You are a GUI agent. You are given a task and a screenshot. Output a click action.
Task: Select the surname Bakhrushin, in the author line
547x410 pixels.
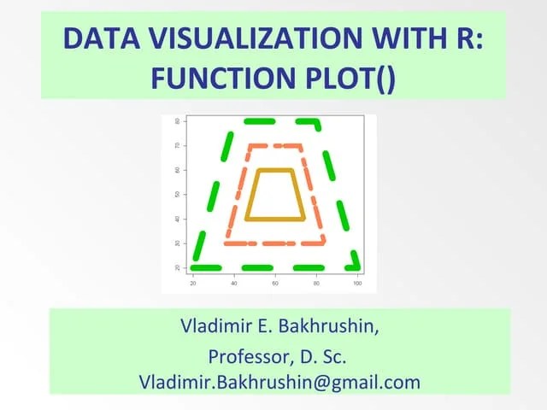point(327,326)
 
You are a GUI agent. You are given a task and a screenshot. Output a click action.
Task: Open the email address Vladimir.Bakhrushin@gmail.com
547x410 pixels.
point(279,381)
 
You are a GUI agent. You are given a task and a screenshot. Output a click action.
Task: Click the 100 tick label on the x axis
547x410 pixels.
point(357,283)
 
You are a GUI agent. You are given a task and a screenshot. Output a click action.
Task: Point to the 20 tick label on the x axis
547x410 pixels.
point(193,283)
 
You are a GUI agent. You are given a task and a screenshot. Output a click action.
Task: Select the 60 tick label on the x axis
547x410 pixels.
point(275,283)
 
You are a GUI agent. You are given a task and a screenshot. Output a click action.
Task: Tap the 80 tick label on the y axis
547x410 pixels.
point(178,121)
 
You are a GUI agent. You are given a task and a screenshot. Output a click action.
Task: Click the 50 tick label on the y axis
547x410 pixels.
point(178,195)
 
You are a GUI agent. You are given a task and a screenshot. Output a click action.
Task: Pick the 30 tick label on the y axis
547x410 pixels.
point(178,243)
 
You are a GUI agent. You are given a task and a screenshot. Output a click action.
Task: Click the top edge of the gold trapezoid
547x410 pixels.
point(275,171)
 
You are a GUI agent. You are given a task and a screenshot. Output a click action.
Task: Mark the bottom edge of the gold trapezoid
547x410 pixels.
point(275,220)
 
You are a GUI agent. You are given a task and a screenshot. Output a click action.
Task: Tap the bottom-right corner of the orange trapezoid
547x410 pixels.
point(323,243)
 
